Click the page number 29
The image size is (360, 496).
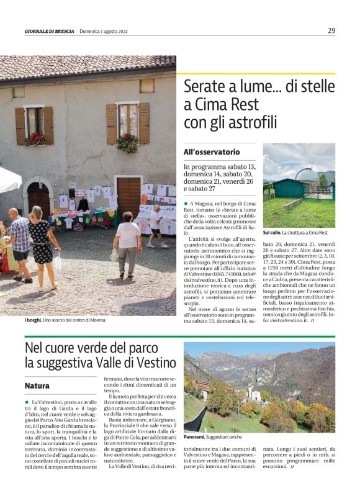331,30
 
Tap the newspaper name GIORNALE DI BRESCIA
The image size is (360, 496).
50,31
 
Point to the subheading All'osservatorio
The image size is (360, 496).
212,151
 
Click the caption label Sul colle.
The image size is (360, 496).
271,232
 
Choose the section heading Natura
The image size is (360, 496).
37,386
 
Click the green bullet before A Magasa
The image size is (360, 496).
186,204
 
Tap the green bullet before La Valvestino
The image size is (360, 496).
27,402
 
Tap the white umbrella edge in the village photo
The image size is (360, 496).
10,179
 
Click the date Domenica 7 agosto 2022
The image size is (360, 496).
102,31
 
